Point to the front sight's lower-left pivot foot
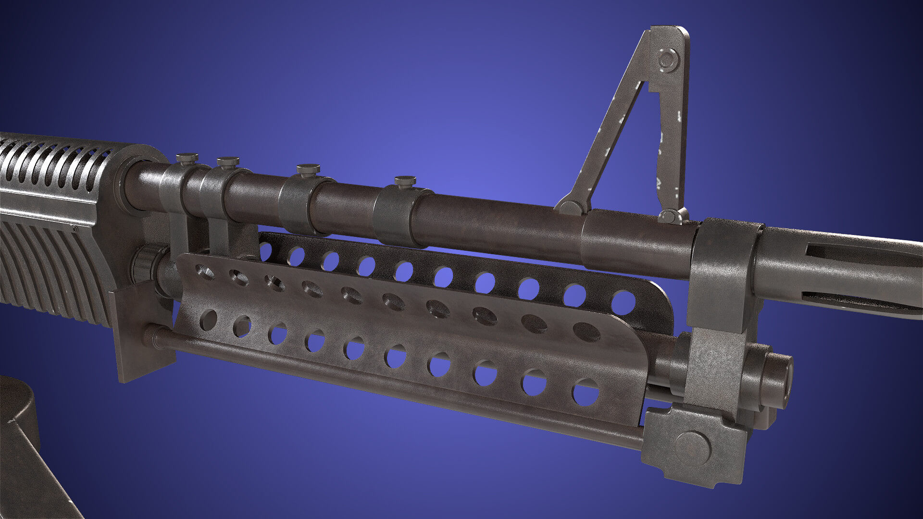570,208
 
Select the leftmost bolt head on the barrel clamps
187,158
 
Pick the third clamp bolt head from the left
308,169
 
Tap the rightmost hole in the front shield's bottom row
586,392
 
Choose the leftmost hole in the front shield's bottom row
208,320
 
